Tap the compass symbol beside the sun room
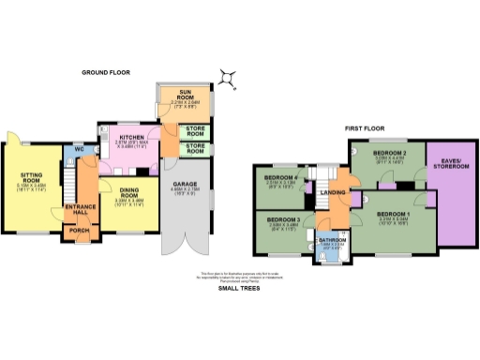pyautogui.click(x=229, y=77)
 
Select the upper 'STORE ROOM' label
pyautogui.click(x=194, y=130)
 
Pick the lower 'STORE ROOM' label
pyautogui.click(x=194, y=147)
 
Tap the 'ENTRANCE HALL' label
pyautogui.click(x=76, y=209)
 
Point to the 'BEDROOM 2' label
pyautogui.click(x=387, y=152)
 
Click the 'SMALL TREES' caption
pyautogui.click(x=239, y=289)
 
